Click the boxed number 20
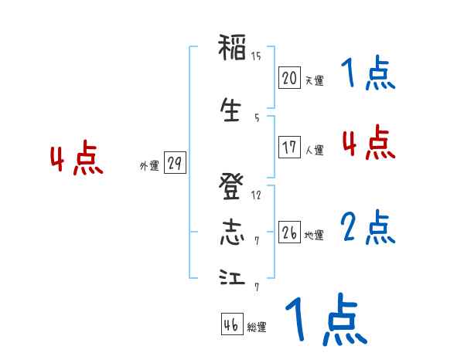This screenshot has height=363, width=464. coord(289,78)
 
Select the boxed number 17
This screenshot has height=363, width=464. coord(289,148)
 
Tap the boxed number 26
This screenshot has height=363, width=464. coord(289,233)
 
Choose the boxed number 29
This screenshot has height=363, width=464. coord(174,165)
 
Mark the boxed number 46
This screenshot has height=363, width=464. coord(231,324)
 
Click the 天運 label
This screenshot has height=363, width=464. coord(314,80)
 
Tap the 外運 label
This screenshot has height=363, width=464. coord(148,166)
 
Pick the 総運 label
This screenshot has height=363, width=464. coord(257,327)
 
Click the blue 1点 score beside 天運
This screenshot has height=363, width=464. coord(368,75)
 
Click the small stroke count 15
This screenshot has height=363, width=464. coord(256,56)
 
